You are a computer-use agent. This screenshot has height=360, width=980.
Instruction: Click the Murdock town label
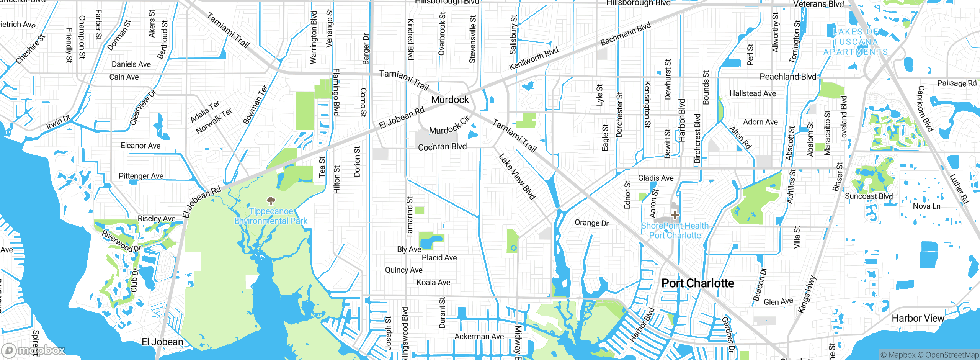[x=450, y=100]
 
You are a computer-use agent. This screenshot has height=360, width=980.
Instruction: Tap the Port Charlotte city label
[x=697, y=283]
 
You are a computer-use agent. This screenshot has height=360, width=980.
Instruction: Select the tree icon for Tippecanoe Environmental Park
[x=271, y=201]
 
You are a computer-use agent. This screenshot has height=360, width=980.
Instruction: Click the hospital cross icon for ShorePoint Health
[x=675, y=215]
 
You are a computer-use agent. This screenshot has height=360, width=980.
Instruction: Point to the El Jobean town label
[x=162, y=342]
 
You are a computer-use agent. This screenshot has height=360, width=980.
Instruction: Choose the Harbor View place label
[x=918, y=318]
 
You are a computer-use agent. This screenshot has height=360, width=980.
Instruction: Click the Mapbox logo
[x=34, y=350]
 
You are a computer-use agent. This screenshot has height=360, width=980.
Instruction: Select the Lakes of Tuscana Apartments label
[x=856, y=42]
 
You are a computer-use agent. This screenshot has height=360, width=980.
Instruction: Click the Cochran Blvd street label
[x=442, y=147]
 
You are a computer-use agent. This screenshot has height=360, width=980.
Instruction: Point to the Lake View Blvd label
[x=517, y=177]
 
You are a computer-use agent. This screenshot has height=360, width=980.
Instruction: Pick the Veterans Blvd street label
[x=818, y=4]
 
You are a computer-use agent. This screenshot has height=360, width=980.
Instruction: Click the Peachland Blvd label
[x=787, y=77]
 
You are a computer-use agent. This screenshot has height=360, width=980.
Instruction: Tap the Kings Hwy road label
[x=807, y=294]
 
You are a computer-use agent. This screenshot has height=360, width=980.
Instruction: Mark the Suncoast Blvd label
[x=869, y=196]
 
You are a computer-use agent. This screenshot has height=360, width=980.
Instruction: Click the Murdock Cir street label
[x=449, y=126]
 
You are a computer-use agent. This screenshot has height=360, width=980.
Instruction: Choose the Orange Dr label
[x=591, y=223]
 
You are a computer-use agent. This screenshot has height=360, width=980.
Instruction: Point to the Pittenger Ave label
[x=141, y=176]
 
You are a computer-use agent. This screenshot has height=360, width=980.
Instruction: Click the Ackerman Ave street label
[x=479, y=337]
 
